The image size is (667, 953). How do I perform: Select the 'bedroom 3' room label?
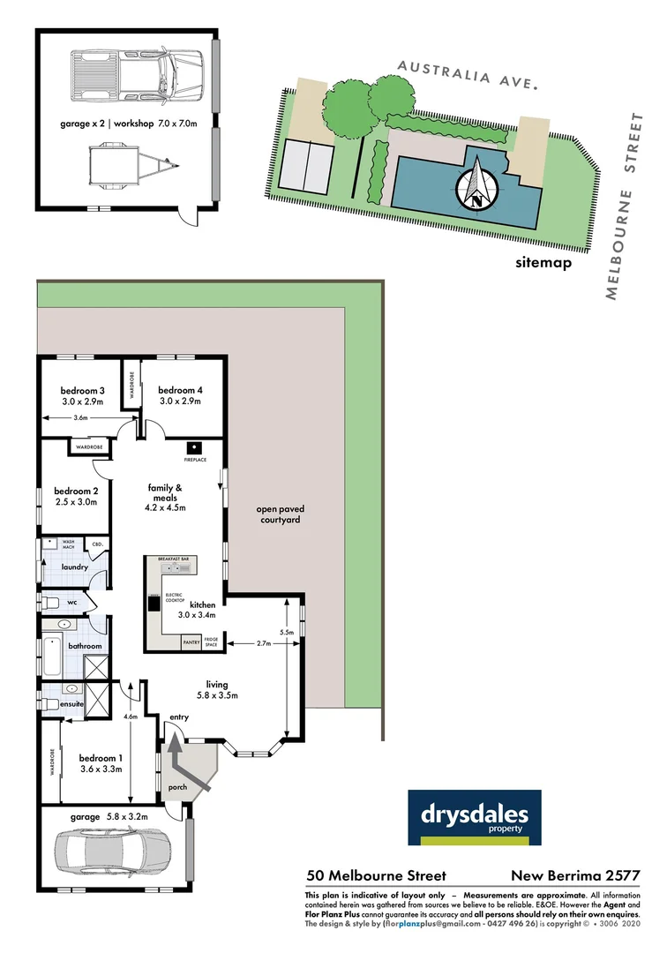(83, 391)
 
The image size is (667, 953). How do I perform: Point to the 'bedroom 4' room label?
(180, 391)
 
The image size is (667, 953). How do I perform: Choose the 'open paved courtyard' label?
(278, 514)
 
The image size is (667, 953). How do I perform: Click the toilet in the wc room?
(53, 603)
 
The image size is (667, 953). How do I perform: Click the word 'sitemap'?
(544, 262)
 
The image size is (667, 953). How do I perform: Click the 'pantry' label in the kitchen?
(191, 643)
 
